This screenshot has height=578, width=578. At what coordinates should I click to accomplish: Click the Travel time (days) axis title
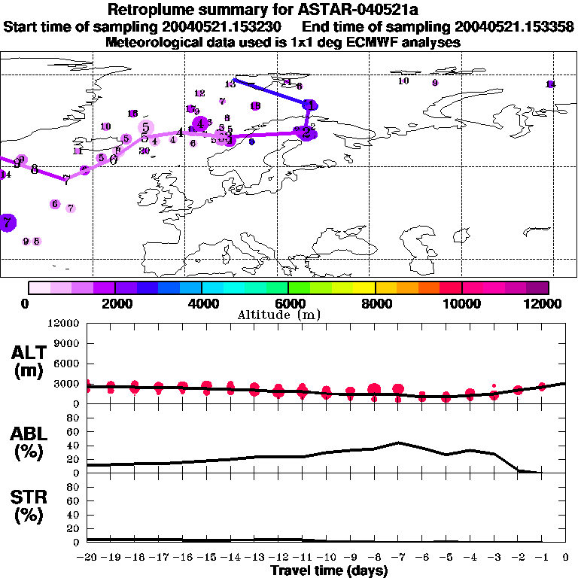[329, 571]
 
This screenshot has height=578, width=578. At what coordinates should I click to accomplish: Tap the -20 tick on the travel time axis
[87, 558]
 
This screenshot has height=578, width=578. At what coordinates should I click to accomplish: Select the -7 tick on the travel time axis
[398, 558]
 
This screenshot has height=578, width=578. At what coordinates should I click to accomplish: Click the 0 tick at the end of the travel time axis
[565, 558]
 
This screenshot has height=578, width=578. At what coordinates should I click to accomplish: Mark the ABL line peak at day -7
[398, 443]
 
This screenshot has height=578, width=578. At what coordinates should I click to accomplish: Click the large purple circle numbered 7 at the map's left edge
[8, 222]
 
